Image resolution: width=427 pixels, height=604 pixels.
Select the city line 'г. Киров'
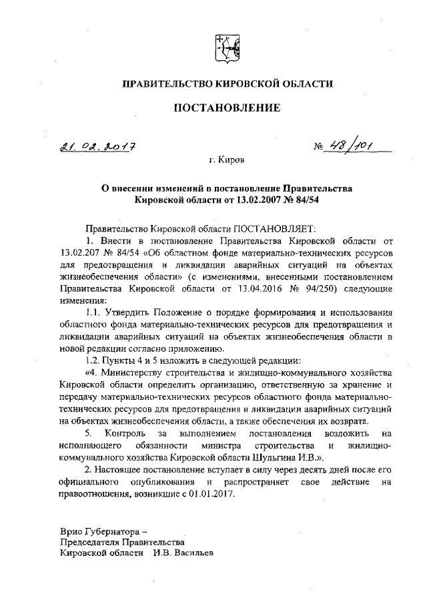pos(226,161)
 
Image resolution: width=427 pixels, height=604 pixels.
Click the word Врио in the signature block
pos(71,532)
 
